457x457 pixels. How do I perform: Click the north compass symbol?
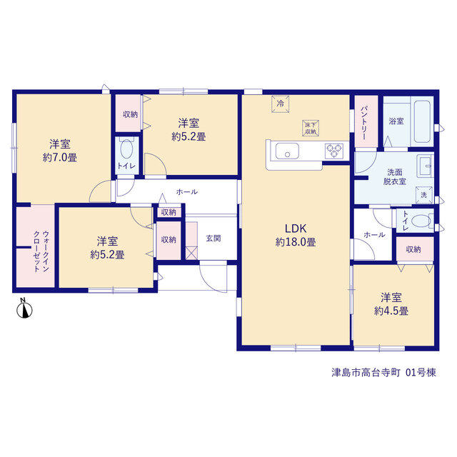24,309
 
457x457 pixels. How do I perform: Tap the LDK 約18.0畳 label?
296,235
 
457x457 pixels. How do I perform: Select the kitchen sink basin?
287,151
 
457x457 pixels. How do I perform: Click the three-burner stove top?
334,151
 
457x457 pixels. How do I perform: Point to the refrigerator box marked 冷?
281,104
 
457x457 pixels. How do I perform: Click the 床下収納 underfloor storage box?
311,128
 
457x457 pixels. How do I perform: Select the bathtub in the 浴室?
422,121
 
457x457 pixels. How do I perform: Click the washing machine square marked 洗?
424,195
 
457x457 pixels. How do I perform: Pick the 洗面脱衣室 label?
395,177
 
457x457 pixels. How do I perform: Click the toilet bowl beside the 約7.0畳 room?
126,148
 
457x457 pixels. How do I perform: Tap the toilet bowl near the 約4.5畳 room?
421,221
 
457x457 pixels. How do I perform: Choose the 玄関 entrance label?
214,238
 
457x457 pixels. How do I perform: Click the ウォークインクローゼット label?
41,251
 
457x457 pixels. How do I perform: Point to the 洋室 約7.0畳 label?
60,151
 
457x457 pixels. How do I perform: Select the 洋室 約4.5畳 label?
391,304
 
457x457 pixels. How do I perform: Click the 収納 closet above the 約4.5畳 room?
413,249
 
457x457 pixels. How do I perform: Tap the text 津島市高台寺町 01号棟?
384,373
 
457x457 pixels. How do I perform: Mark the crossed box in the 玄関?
191,253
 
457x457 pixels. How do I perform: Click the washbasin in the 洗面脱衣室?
426,166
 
